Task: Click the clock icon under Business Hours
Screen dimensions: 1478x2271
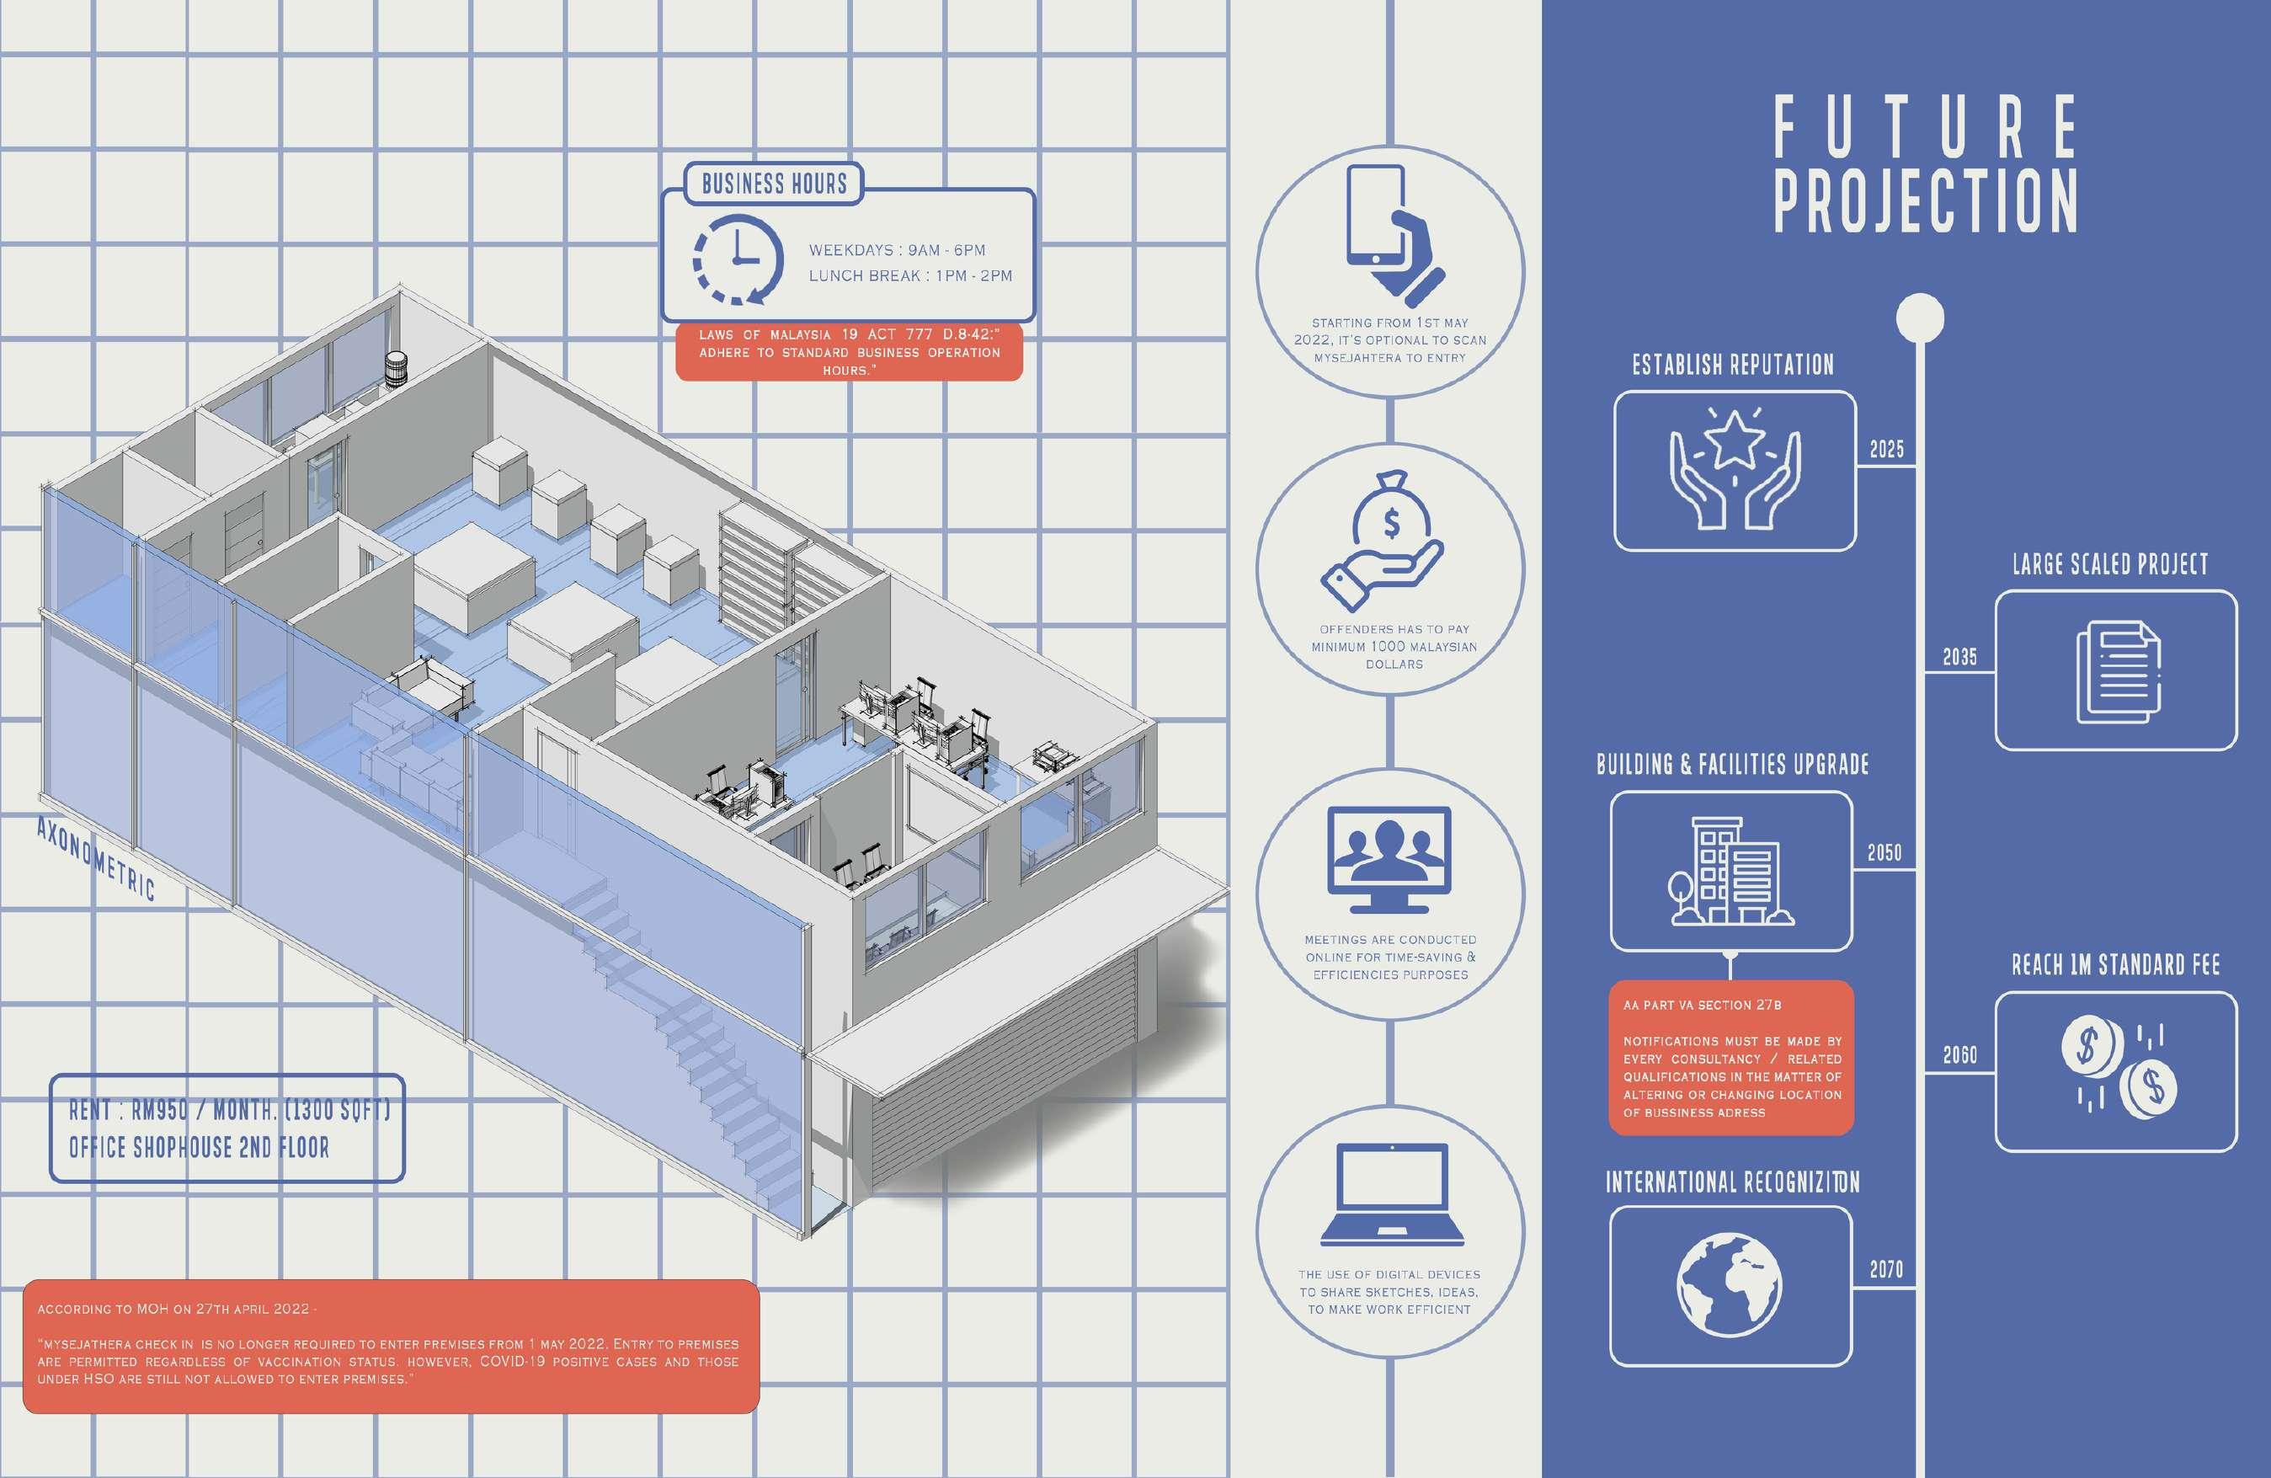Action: [737, 259]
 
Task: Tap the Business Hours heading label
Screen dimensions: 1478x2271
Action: [774, 184]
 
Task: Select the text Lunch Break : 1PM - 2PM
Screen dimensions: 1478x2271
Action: [910, 275]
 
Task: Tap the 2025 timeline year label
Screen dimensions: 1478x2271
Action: [1886, 450]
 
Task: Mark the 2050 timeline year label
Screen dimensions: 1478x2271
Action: [1885, 852]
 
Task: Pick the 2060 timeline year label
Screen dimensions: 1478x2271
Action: [1960, 1054]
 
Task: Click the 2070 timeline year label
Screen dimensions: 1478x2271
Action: [1886, 1269]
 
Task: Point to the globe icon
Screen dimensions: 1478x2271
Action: [1729, 1284]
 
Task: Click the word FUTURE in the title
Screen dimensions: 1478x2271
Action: [1926, 128]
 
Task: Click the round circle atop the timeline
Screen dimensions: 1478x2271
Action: [1921, 317]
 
